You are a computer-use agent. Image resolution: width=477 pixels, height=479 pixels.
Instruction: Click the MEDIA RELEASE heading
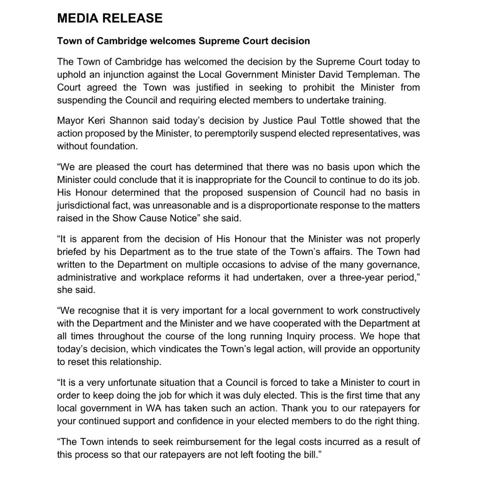[110, 18]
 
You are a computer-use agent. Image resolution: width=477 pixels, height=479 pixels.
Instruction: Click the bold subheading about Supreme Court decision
[183, 41]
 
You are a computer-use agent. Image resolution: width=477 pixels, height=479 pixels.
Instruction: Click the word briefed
[71, 252]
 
